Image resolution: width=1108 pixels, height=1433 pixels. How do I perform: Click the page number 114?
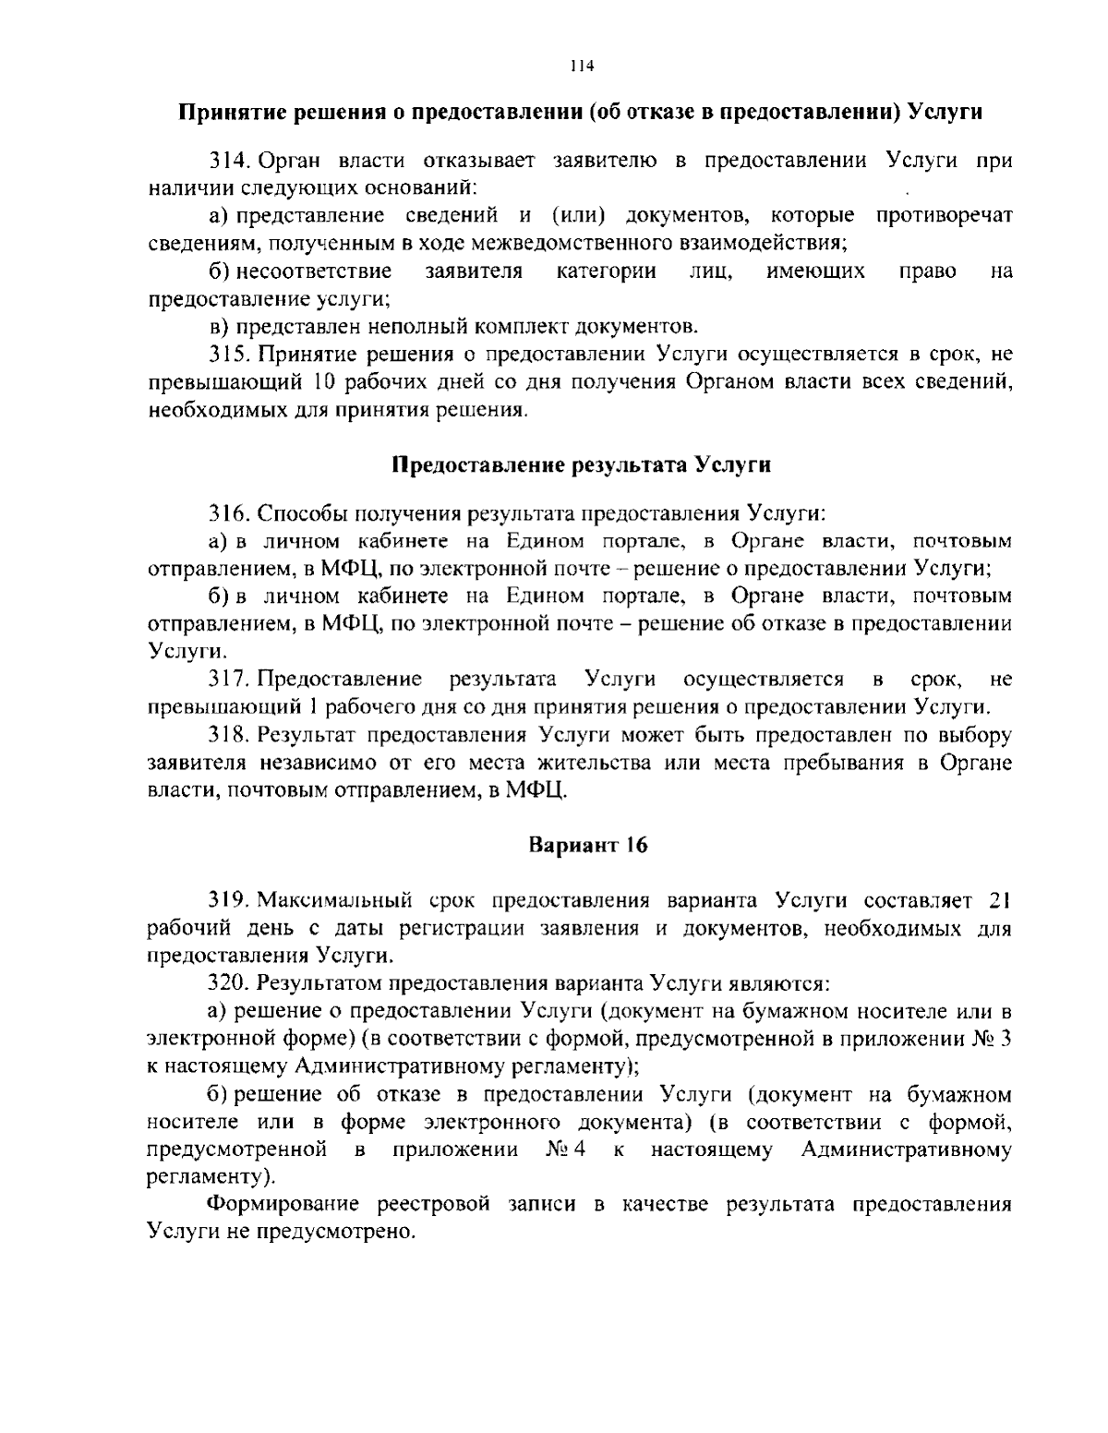[580, 66]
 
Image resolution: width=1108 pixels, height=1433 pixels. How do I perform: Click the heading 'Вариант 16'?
[588, 845]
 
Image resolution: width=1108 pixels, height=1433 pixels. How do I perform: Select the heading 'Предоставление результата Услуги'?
[581, 465]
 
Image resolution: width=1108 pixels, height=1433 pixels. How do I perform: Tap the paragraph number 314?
[230, 161]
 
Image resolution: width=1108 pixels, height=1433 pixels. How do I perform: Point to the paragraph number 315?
[230, 354]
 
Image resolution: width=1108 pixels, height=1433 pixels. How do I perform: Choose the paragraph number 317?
[230, 680]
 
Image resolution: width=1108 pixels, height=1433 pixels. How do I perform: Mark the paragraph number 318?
[230, 736]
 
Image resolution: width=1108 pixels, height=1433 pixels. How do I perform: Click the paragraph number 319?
[230, 900]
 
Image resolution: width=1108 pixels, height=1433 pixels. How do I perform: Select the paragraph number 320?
[230, 983]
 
